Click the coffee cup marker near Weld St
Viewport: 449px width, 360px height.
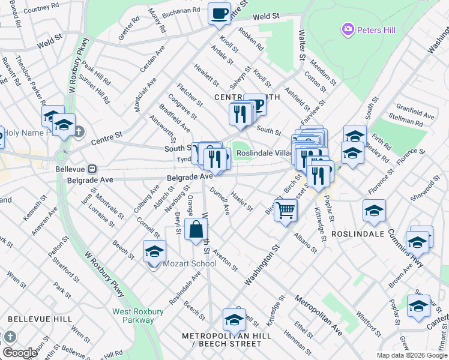[219, 14]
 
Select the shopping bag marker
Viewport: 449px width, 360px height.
[196, 230]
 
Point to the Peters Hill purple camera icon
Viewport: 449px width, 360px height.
[347, 29]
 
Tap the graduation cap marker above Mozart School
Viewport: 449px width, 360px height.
[154, 251]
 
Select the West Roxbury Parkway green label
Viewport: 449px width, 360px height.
[137, 316]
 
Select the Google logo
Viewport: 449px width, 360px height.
[20, 352]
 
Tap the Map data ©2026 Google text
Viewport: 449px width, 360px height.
[411, 355]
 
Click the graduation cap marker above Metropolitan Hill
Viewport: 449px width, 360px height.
[234, 319]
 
